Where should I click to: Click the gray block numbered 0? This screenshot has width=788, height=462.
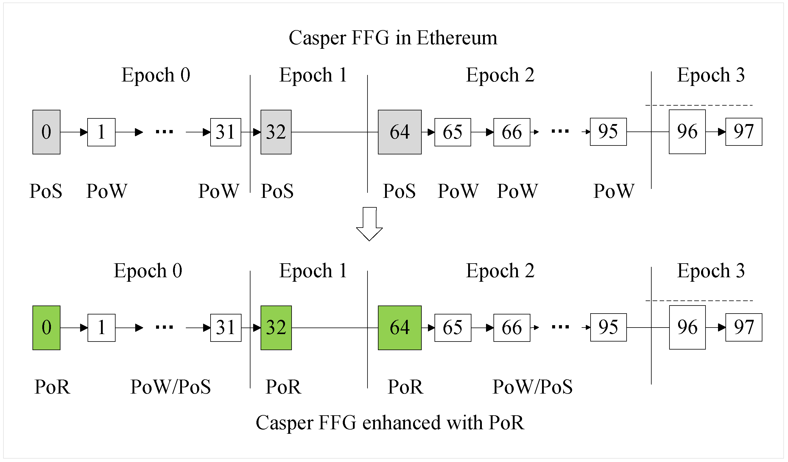[x=46, y=132]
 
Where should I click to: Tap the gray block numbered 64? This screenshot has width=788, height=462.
[x=400, y=132]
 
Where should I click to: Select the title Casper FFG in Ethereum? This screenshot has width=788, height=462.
[x=393, y=38]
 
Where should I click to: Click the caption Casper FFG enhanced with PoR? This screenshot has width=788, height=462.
[x=390, y=423]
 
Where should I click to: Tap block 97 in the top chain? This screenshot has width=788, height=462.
[x=744, y=132]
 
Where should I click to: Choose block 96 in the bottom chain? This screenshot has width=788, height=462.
[x=687, y=328]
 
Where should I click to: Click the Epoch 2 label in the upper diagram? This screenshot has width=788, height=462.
[x=500, y=75]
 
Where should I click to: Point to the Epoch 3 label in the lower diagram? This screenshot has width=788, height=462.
[x=711, y=271]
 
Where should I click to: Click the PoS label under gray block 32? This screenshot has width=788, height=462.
[x=277, y=191]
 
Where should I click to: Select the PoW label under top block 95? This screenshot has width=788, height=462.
[x=614, y=191]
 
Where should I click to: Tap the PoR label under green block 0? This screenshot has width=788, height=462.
[x=52, y=387]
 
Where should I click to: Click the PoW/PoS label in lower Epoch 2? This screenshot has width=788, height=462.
[x=532, y=387]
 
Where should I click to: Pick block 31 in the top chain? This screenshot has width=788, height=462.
[x=225, y=132]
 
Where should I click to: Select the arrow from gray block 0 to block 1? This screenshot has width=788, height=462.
[x=74, y=132]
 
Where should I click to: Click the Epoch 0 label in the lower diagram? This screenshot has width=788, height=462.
[x=148, y=271]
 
